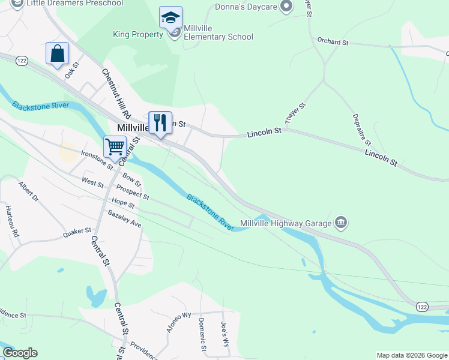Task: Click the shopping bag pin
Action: coord(58,53)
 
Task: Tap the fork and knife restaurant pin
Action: coord(160,123)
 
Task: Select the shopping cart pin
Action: coord(115,146)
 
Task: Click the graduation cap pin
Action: coord(171,19)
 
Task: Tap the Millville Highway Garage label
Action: coord(286,224)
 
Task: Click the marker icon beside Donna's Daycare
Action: coord(286,7)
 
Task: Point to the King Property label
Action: coord(138,35)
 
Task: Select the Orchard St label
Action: coord(333,43)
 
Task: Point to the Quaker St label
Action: coord(77,232)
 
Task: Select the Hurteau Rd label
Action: coord(13,221)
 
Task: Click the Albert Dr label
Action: coord(28,191)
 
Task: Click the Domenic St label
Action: coord(202,335)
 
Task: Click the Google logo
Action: coord(20,353)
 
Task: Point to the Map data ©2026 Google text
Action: coord(411,355)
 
